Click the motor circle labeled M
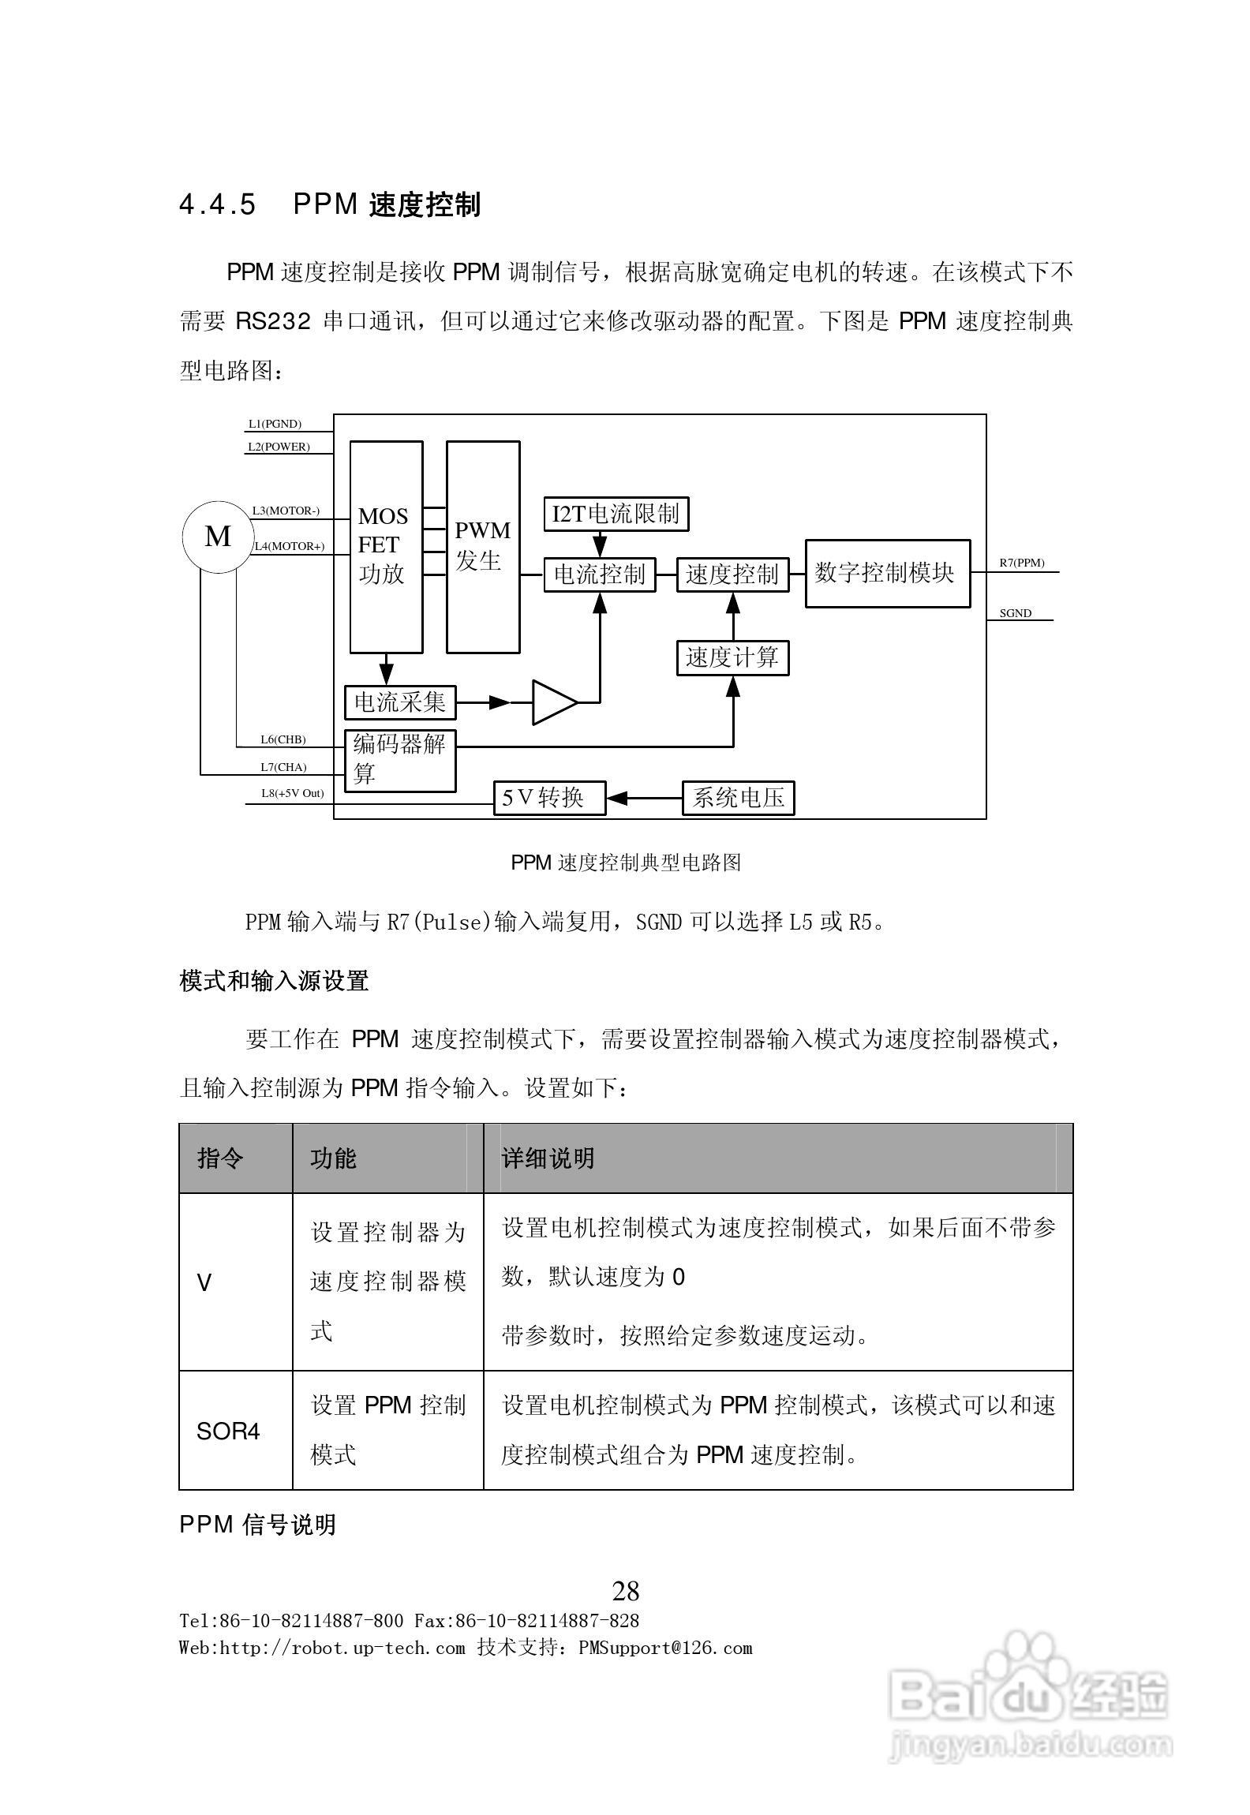click(218, 537)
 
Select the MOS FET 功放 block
click(386, 547)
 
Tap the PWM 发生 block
click(483, 547)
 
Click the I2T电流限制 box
click(616, 515)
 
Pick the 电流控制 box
click(600, 574)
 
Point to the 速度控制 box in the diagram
click(732, 574)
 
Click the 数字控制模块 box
click(887, 574)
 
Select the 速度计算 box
click(732, 658)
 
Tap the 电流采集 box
click(400, 702)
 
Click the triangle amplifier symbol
click(552, 702)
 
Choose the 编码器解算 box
click(400, 761)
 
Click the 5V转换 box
click(549, 798)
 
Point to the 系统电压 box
click(738, 798)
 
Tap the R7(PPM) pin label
click(1022, 563)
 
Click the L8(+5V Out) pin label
click(292, 793)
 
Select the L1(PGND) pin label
click(275, 424)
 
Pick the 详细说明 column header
click(548, 1158)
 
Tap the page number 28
click(626, 1589)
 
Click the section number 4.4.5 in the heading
click(218, 205)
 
